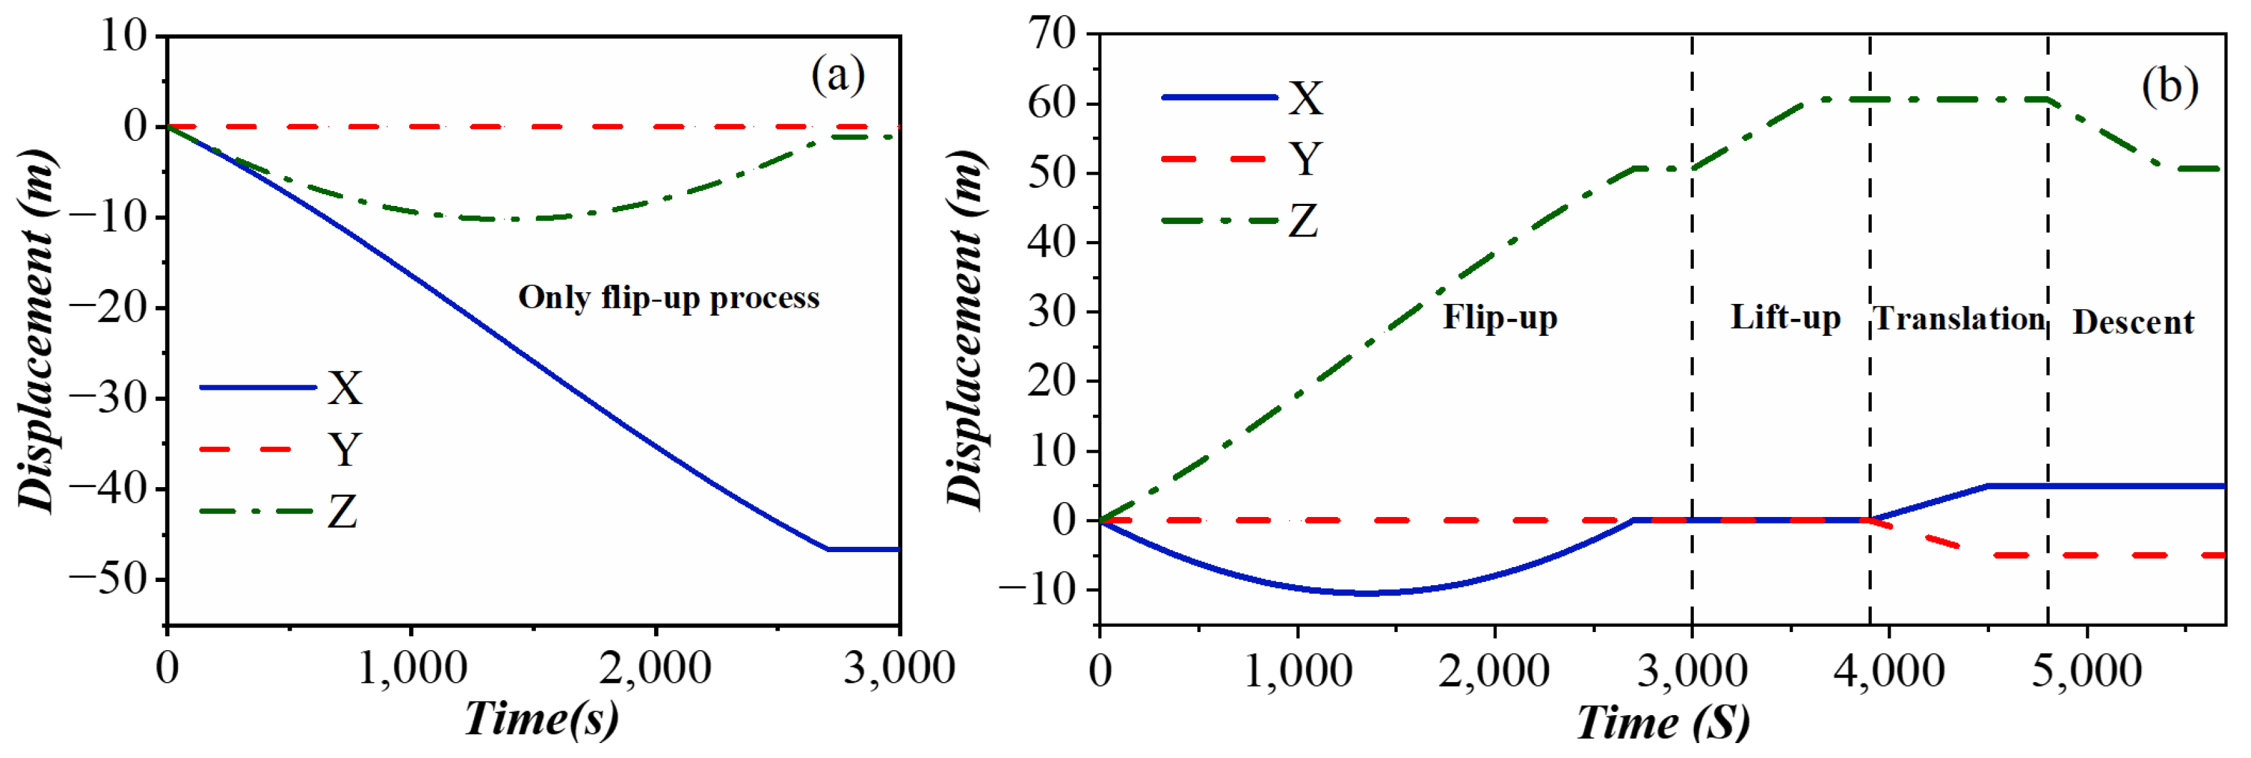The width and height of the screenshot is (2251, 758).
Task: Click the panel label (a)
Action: [837, 76]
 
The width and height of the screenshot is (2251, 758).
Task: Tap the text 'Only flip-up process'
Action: [668, 298]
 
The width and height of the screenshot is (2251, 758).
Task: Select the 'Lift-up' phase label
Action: [1785, 318]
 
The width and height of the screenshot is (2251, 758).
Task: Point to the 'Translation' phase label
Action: [1959, 319]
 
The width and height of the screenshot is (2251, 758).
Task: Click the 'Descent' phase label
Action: [2132, 323]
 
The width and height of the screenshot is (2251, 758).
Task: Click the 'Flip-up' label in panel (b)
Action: [1500, 318]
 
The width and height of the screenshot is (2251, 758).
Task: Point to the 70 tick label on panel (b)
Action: [1052, 35]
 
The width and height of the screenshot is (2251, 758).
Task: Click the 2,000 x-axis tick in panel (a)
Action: [655, 670]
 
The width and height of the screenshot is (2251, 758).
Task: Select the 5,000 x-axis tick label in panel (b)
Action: [2086, 672]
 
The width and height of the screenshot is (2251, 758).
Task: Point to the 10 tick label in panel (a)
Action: [124, 37]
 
